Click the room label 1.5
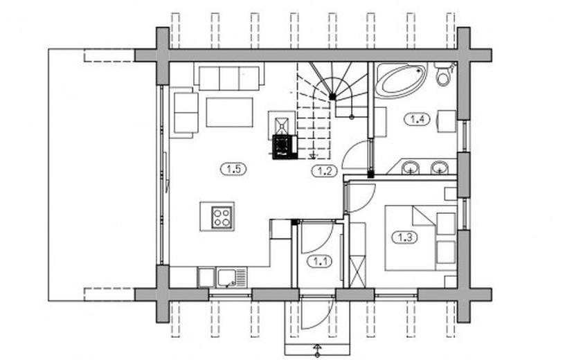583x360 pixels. [x=233, y=168]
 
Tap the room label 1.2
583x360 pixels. [x=323, y=170]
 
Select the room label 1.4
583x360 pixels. [x=416, y=119]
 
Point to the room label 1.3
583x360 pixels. [x=405, y=238]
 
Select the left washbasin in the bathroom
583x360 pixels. [x=411, y=167]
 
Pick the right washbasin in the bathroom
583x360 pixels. [x=438, y=167]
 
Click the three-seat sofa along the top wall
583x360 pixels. [x=228, y=78]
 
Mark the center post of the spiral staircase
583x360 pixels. [x=333, y=98]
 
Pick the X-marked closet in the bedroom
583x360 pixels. [x=357, y=270]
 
